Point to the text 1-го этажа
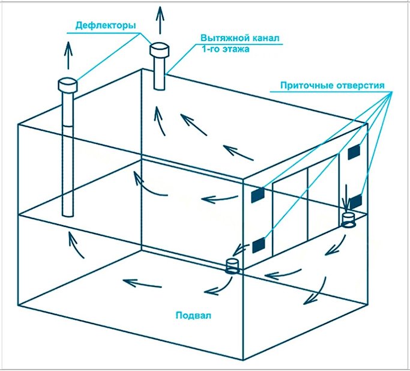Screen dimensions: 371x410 [x=224, y=50]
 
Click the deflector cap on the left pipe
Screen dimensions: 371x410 [x=67, y=85]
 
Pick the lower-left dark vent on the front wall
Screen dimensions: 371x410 [x=259, y=243]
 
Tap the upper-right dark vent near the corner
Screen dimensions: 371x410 [x=354, y=152]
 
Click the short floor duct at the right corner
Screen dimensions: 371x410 [x=348, y=220]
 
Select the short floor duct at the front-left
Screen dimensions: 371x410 [x=232, y=267]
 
